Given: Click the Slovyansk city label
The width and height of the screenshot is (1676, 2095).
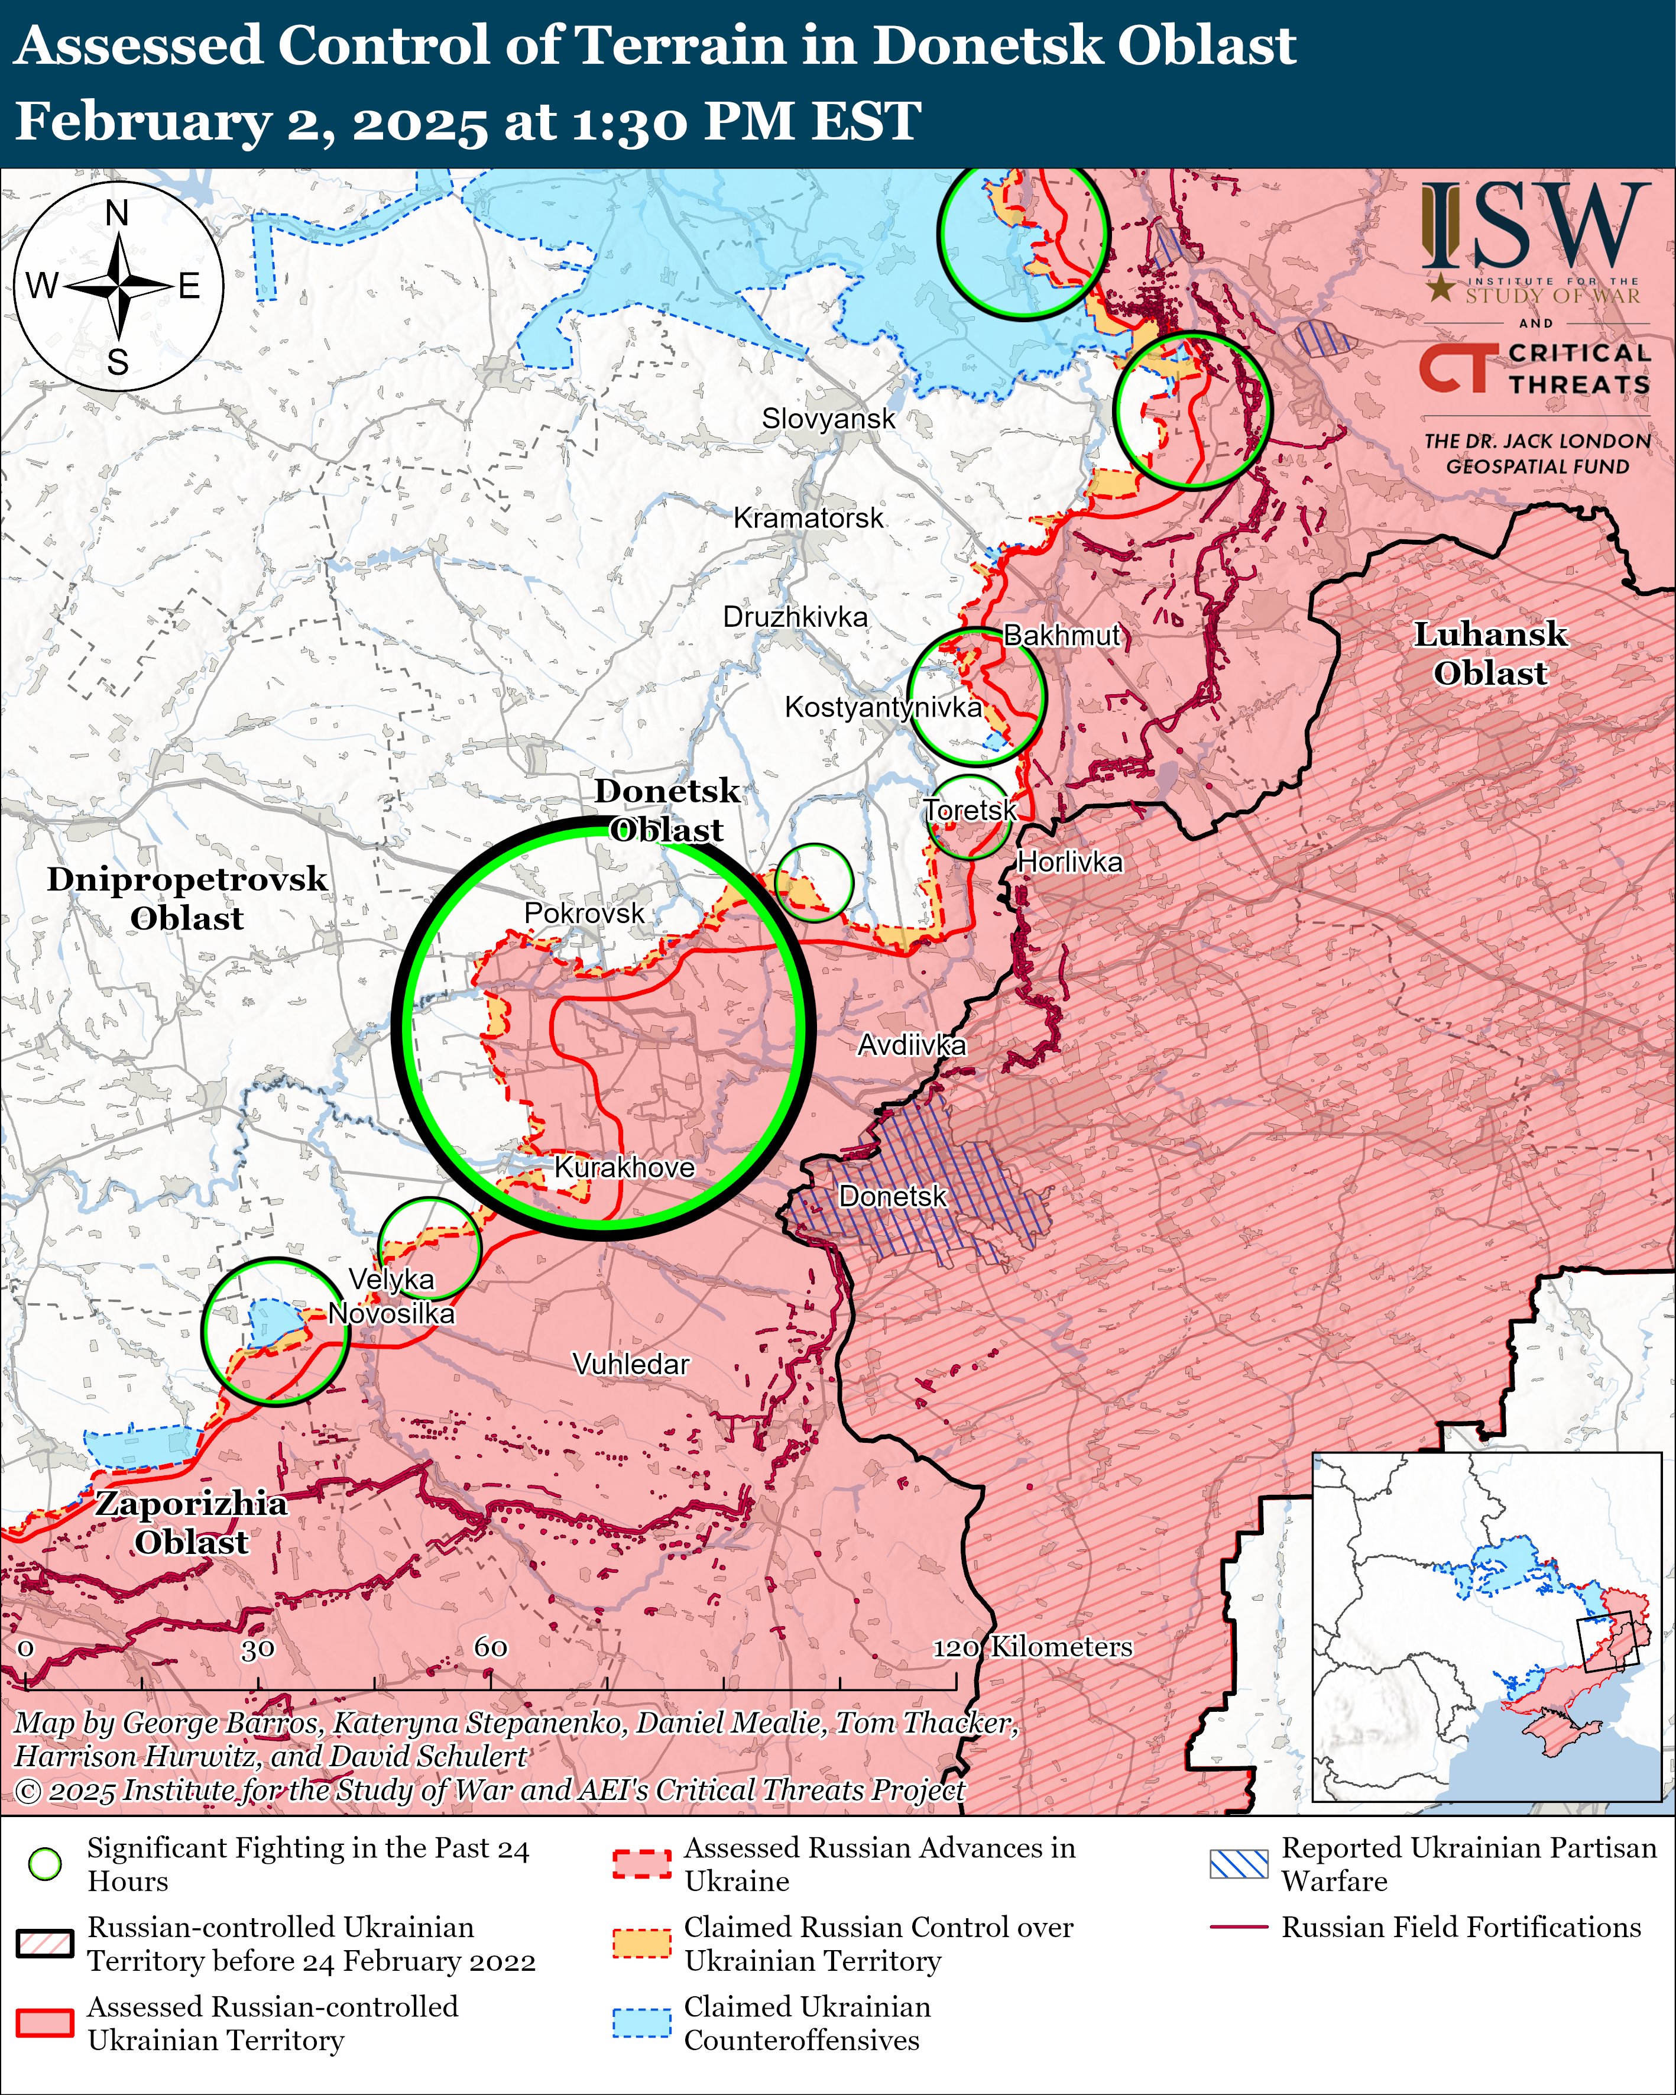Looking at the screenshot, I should click(828, 419).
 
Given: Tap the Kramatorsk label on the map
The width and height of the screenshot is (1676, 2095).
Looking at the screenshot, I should click(808, 518).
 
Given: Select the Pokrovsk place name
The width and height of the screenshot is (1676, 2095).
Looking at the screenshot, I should click(584, 914).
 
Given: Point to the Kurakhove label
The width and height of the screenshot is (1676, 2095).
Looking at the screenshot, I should click(624, 1167).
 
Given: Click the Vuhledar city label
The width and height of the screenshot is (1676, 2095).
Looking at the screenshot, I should click(631, 1364).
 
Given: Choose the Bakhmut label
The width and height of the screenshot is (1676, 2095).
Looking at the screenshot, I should click(1062, 636).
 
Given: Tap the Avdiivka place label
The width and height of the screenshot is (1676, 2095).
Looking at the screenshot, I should click(912, 1045).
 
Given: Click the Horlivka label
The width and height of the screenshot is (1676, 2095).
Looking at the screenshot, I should click(1069, 862).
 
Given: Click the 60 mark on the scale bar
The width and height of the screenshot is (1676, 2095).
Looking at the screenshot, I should click(491, 1647).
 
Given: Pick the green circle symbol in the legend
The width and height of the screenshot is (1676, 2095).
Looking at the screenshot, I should click(46, 1864).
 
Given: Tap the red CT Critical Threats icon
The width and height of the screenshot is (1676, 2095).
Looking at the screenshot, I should click(1454, 369).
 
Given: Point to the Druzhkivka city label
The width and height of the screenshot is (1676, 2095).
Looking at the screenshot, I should click(795, 617).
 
